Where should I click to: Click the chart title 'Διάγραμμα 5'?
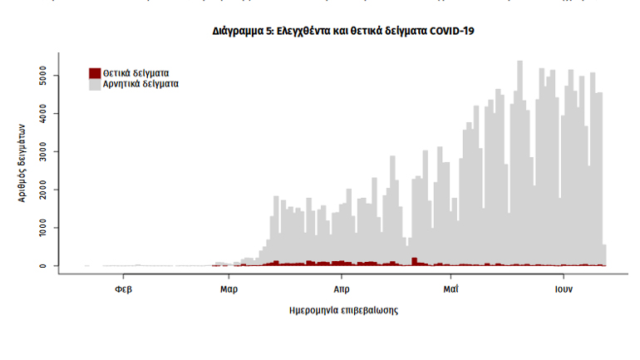[x=344, y=31]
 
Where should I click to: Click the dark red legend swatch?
[x=95, y=73]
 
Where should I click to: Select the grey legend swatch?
[x=95, y=84]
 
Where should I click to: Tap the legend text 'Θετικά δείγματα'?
[x=135, y=73]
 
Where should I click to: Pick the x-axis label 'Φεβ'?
[x=123, y=290]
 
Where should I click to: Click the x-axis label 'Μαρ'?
[x=229, y=290]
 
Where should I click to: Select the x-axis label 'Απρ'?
[x=341, y=290]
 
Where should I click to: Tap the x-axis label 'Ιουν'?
[x=563, y=290]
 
